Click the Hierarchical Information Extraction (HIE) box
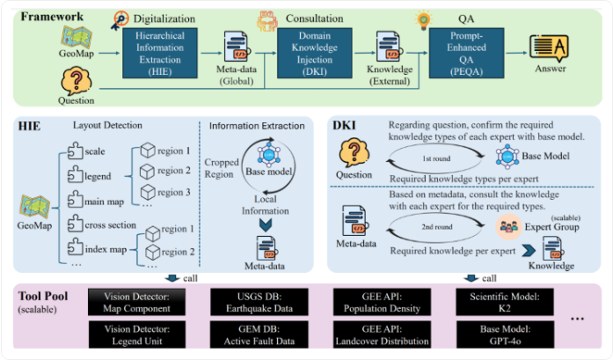coord(160,53)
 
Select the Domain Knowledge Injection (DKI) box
coord(315,53)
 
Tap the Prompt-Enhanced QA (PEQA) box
coord(466,53)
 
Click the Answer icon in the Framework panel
coord(549,48)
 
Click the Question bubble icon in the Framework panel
coord(77,81)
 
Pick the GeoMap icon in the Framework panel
coord(77,38)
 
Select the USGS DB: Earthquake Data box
coord(259,302)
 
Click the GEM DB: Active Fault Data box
coord(259,334)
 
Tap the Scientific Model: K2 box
coord(505,302)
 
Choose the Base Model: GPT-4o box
coord(505,334)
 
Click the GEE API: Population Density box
coord(382,302)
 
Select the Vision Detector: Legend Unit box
coord(137,334)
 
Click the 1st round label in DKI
coord(436,158)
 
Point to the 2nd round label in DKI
coord(437,227)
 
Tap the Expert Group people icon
coord(508,226)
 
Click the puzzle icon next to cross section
coord(75,224)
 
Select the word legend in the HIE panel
coord(98,176)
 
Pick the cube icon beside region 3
coord(148,192)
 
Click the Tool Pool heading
coord(43,297)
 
